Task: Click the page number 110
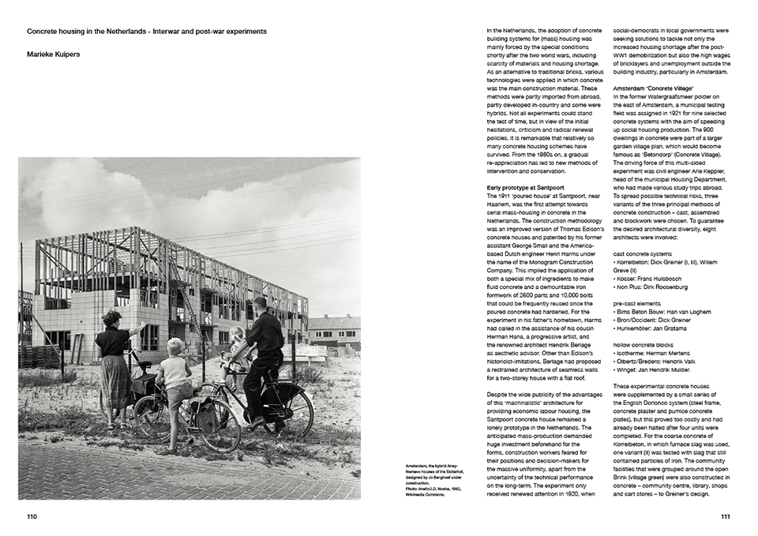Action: pyautogui.click(x=32, y=517)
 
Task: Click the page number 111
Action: pyautogui.click(x=726, y=517)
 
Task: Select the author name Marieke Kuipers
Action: pyautogui.click(x=53, y=55)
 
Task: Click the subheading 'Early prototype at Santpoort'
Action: pyautogui.click(x=526, y=187)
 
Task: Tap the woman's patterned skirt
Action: pyautogui.click(x=115, y=380)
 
